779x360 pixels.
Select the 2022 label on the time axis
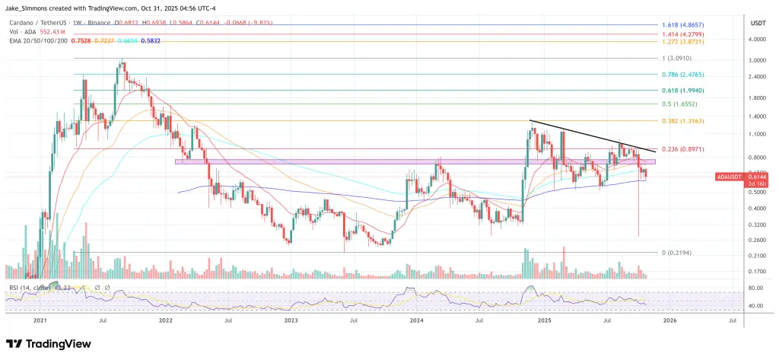[x=167, y=322]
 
